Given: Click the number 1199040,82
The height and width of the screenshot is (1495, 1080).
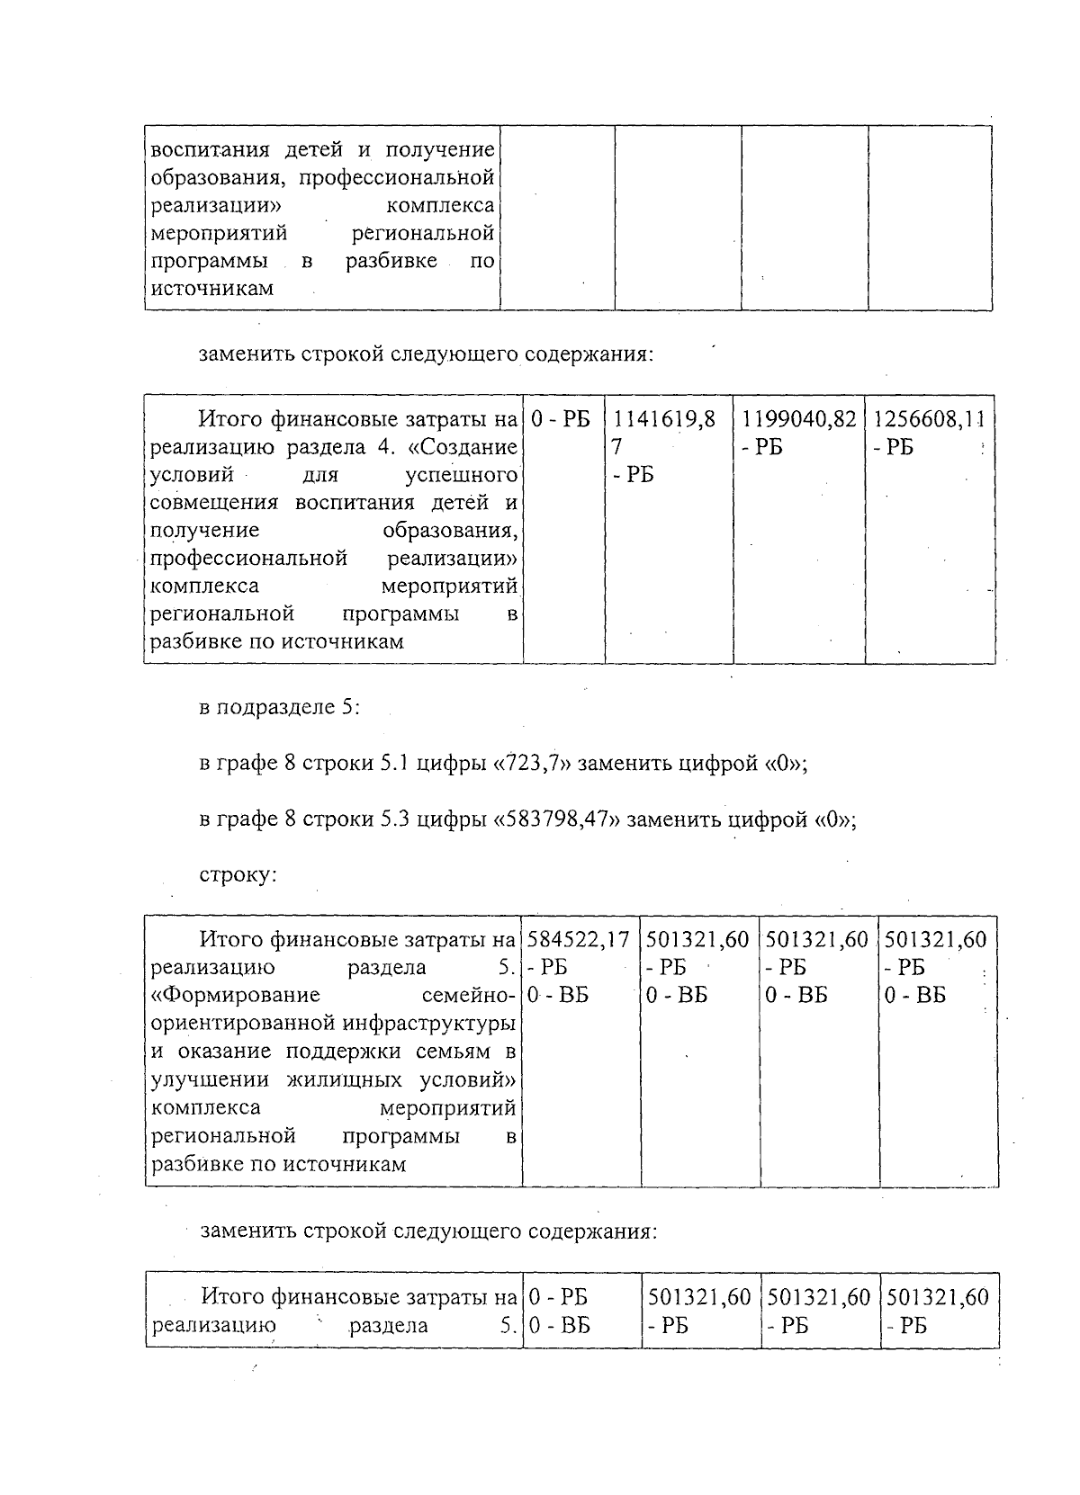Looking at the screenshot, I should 798,419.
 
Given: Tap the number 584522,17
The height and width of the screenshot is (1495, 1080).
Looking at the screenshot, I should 579,940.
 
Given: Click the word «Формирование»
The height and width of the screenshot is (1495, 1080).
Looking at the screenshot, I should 237,995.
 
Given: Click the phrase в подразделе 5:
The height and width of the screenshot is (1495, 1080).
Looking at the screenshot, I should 279,708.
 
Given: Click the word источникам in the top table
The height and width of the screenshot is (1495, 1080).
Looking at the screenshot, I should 211,289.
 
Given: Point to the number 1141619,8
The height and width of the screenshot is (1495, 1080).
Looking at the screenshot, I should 664,419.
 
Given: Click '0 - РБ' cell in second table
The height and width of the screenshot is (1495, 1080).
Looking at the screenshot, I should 562,419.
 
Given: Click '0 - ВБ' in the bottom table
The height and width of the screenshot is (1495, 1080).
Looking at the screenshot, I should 560,1325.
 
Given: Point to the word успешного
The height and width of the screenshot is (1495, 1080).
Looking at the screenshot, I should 461,474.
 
